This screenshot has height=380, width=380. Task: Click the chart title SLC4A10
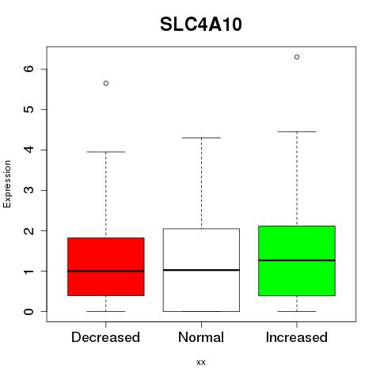[201, 25]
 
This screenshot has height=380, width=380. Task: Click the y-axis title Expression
[7, 184]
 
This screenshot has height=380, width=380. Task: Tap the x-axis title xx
[201, 362]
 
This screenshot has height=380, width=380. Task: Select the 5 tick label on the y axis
[29, 109]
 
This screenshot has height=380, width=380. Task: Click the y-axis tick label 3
[29, 190]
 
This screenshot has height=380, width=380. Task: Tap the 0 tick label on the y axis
[29, 311]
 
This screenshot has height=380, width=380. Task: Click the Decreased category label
[105, 337]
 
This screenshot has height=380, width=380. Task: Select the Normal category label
[201, 337]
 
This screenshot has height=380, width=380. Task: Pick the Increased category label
[297, 337]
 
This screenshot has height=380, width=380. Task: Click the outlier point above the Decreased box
[106, 83]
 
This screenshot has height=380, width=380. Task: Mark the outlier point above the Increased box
[297, 57]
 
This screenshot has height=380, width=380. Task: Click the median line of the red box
[106, 271]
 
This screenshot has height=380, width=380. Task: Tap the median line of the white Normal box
[201, 270]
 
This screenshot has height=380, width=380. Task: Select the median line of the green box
[297, 260]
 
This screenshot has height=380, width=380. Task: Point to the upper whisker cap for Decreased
[106, 152]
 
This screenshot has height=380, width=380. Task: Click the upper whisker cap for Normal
[201, 138]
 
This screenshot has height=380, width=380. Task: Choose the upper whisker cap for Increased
[297, 131]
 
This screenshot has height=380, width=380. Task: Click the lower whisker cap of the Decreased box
[106, 311]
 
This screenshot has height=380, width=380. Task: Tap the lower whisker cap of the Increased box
[297, 311]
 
